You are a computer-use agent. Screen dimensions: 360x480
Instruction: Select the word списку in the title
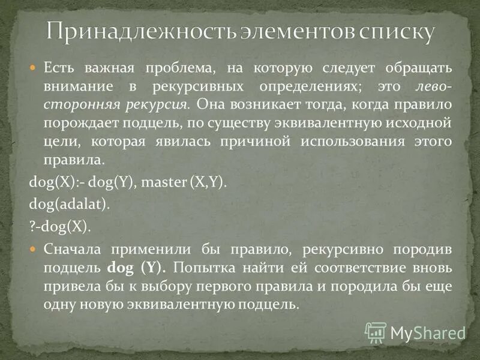point(396,32)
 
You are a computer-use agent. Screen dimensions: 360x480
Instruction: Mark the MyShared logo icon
point(376,332)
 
